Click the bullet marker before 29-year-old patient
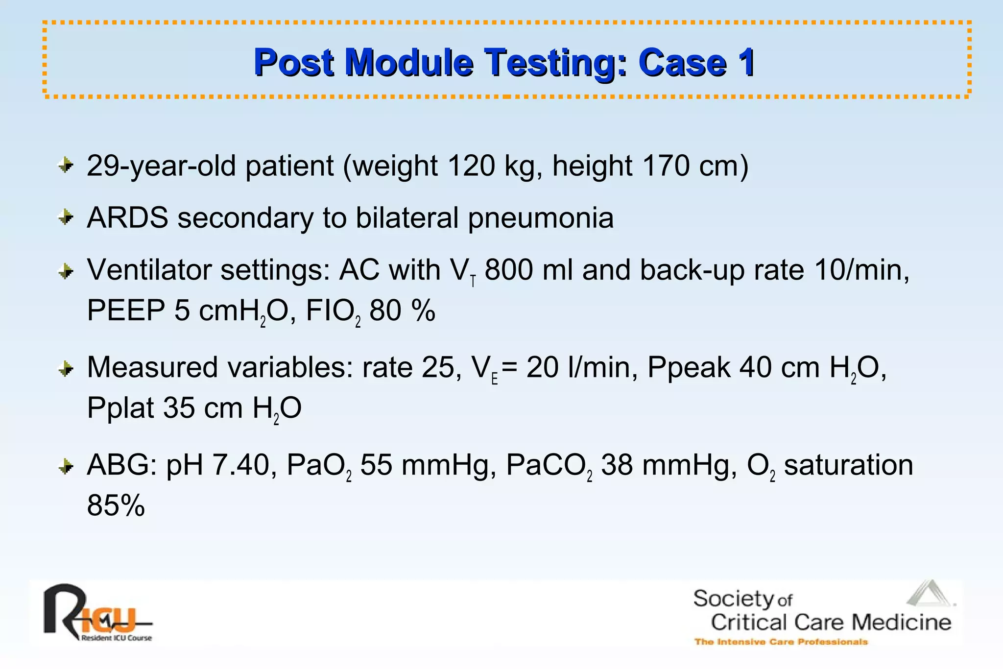tap(65, 165)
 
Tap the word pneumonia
tap(540, 218)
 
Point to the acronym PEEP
tap(126, 310)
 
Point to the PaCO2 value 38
tap(616, 465)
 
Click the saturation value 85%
tap(116, 505)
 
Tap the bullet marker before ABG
tap(65, 466)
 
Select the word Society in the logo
tap(733, 599)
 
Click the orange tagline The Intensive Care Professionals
tap(781, 642)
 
